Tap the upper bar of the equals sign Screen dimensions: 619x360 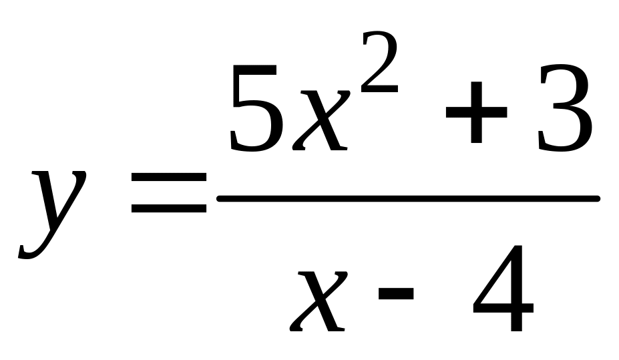click(169, 177)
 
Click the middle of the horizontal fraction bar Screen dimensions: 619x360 click(409, 198)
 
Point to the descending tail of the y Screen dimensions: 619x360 click(30, 250)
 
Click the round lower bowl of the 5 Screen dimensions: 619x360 click(257, 127)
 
